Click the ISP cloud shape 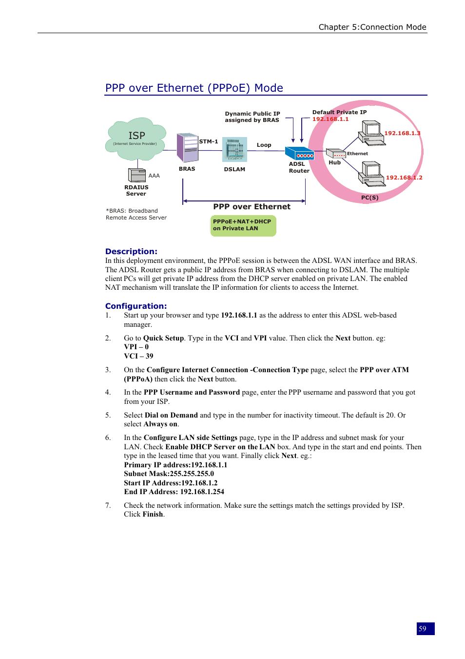point(136,139)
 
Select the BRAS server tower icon point(187,147)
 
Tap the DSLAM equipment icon point(234,149)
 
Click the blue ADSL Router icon point(299,154)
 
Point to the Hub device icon point(336,153)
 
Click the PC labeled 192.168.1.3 point(372,133)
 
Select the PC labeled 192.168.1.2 point(372,175)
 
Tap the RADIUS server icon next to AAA point(136,175)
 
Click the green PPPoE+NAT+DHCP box point(243,225)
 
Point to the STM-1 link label point(209,141)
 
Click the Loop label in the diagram point(264,145)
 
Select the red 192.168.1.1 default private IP point(330,119)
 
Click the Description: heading point(131,252)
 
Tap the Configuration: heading point(136,306)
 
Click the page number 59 point(423,629)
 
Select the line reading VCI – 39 point(138,356)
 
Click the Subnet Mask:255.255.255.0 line point(169,474)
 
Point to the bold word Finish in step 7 point(153,514)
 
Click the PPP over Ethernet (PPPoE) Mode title point(194,88)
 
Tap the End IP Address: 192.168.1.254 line point(174,492)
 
